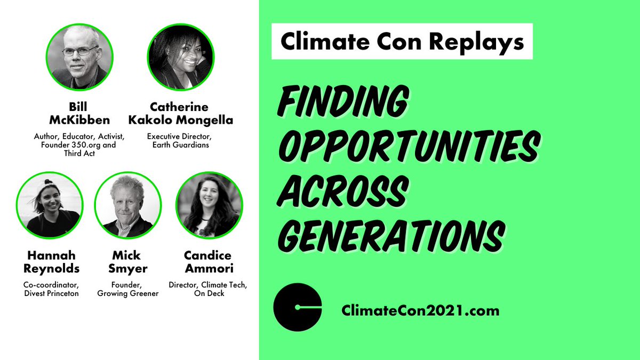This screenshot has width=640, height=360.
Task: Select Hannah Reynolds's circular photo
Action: pos(50,205)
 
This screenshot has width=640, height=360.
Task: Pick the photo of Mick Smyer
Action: pos(128,205)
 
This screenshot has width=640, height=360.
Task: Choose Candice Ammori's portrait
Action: pos(209,205)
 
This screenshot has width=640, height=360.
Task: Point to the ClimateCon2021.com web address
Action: pos(421,310)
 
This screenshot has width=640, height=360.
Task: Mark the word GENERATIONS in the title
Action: pos(390,232)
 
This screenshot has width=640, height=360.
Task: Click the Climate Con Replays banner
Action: pos(402,42)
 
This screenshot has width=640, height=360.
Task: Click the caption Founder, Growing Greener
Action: pos(128,289)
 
